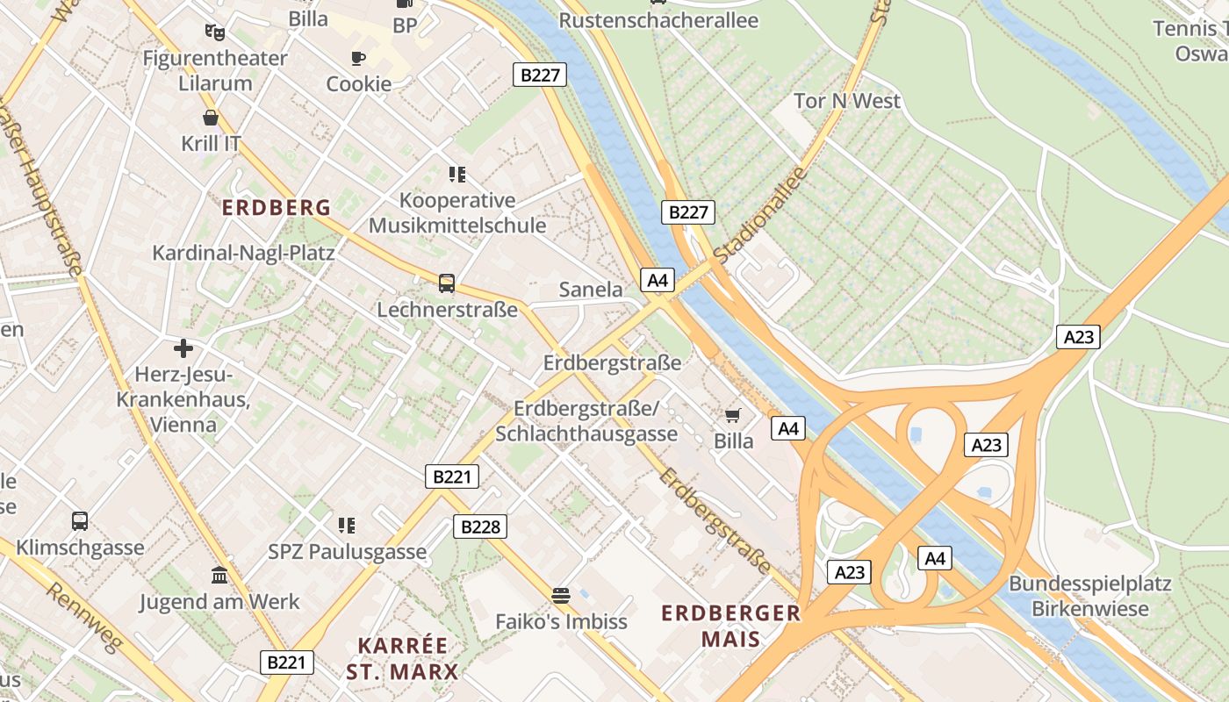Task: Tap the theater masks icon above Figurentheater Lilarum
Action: tap(214, 32)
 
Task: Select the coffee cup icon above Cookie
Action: tap(358, 59)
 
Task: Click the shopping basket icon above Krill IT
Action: tap(211, 118)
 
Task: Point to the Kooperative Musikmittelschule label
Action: tap(456, 213)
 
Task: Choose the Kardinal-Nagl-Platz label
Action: tap(243, 254)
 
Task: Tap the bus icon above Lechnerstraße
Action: tap(447, 283)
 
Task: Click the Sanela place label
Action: tap(591, 290)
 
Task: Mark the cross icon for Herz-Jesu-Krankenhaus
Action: tap(183, 348)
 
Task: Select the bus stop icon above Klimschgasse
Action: tap(80, 521)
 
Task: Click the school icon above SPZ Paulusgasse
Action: tap(347, 526)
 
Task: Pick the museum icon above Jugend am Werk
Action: tap(219, 576)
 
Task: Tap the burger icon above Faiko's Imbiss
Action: tap(561, 596)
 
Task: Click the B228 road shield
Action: tap(480, 526)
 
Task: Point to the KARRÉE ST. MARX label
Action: tap(402, 659)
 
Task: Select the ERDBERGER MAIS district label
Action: tap(730, 625)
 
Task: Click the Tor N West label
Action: tap(847, 101)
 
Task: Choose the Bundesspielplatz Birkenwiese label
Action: tap(1089, 596)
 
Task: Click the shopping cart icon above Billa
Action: tap(733, 415)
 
